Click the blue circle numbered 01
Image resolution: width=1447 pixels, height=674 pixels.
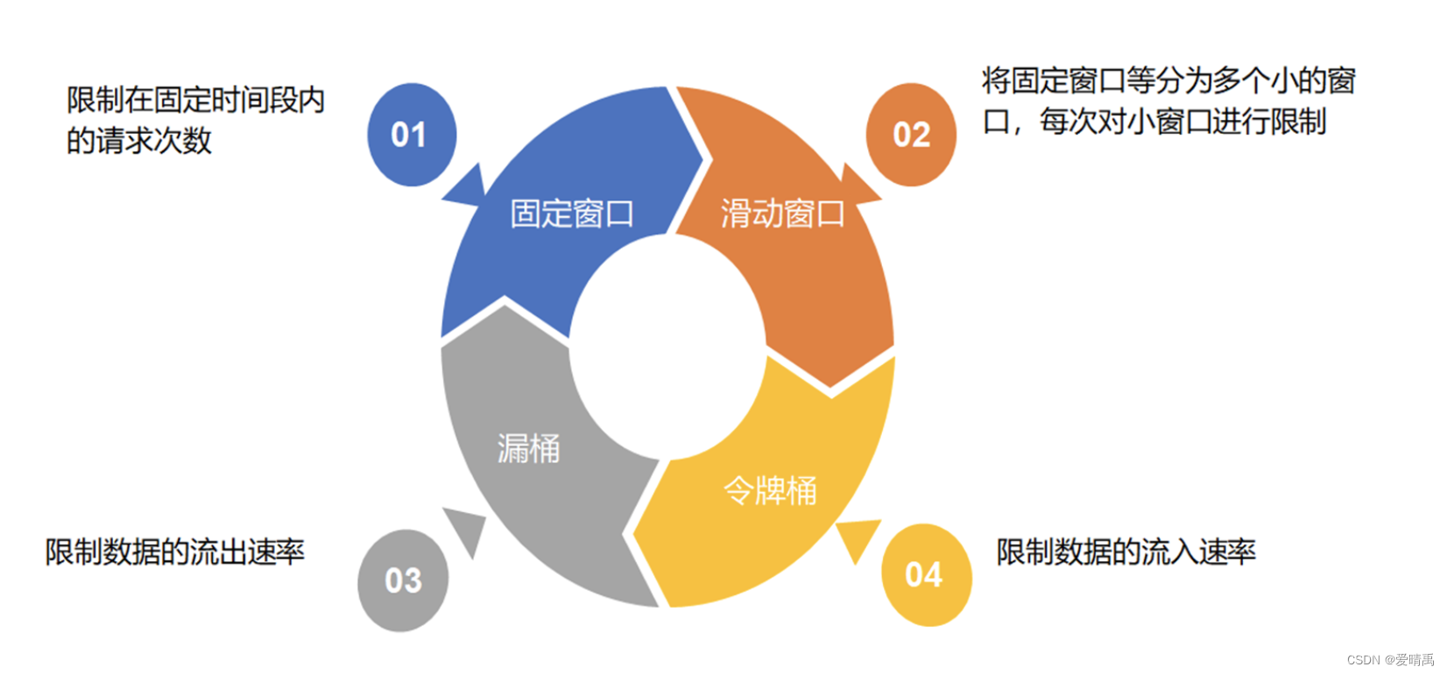click(411, 135)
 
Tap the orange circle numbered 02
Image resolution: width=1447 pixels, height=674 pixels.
click(911, 135)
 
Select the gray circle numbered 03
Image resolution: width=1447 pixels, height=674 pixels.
click(403, 580)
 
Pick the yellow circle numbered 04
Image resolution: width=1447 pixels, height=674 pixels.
click(925, 575)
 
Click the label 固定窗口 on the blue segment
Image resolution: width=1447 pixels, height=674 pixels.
click(572, 214)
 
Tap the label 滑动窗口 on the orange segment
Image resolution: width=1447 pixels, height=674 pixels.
click(782, 214)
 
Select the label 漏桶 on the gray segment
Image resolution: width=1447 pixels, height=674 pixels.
click(528, 448)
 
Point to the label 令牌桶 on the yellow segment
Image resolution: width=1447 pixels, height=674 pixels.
click(770, 490)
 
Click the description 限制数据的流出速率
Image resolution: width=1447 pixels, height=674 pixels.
click(175, 551)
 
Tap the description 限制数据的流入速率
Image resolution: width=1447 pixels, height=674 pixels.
click(1126, 551)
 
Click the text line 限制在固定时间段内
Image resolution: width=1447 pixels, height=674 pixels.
click(196, 101)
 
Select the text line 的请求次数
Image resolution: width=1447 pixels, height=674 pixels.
click(139, 141)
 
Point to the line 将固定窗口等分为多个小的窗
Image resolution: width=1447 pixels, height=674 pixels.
click(1168, 81)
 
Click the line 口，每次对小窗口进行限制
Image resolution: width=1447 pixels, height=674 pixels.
click(1154, 122)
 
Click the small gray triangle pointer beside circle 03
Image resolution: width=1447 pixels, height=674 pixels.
click(468, 526)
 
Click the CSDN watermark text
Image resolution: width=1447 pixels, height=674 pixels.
click(1390, 660)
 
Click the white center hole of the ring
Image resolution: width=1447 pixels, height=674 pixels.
click(667, 346)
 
